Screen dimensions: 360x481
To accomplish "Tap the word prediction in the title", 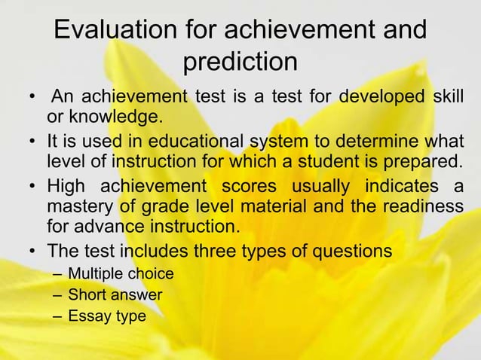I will click(240, 62).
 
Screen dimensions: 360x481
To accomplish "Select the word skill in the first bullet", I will click(448, 99).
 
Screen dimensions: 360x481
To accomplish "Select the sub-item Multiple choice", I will click(121, 273).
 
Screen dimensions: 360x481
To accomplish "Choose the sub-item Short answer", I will click(115, 294).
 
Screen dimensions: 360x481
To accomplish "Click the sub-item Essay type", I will click(106, 316).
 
